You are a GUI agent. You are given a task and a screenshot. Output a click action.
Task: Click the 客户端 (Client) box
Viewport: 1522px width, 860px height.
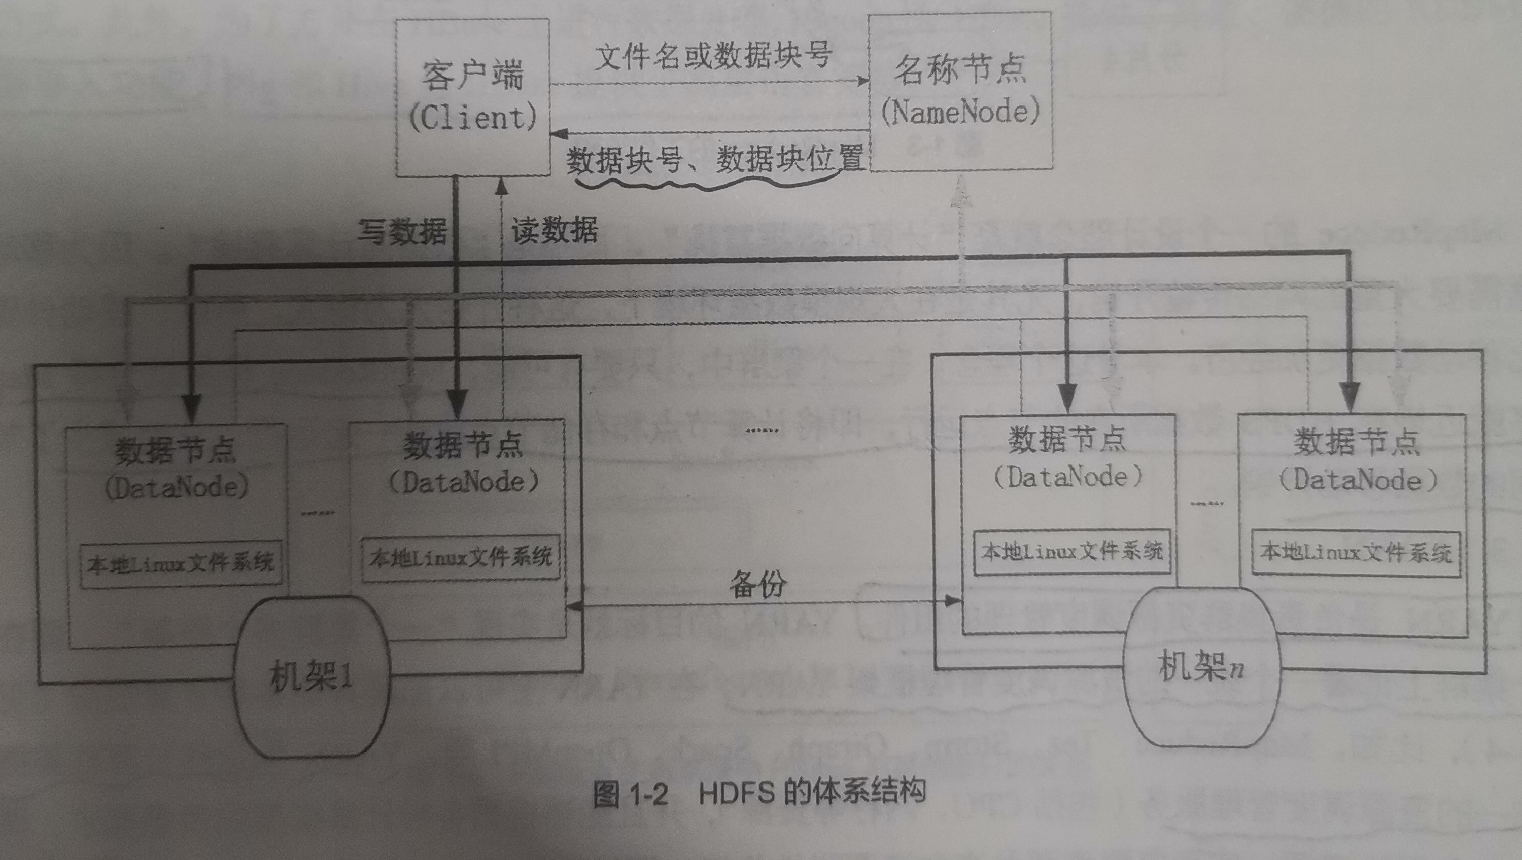[473, 97]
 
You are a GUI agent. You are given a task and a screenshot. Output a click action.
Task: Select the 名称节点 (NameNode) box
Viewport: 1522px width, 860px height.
[959, 92]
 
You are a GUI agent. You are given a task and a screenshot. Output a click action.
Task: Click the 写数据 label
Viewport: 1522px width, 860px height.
[402, 230]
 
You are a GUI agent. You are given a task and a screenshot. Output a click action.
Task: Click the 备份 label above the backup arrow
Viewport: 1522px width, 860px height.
[757, 584]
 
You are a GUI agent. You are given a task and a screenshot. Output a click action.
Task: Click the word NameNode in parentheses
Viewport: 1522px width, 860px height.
[959, 112]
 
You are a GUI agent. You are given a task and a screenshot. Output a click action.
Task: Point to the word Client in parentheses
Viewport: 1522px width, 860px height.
[473, 118]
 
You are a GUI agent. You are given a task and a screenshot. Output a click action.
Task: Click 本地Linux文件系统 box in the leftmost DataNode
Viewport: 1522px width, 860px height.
[181, 564]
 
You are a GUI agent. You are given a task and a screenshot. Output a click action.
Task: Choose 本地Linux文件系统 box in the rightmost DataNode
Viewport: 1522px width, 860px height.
[1356, 553]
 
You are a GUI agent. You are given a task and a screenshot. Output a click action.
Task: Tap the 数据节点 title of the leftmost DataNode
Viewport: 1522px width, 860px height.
[176, 450]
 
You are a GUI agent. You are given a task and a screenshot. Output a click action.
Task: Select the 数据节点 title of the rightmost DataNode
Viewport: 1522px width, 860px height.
[1357, 441]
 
